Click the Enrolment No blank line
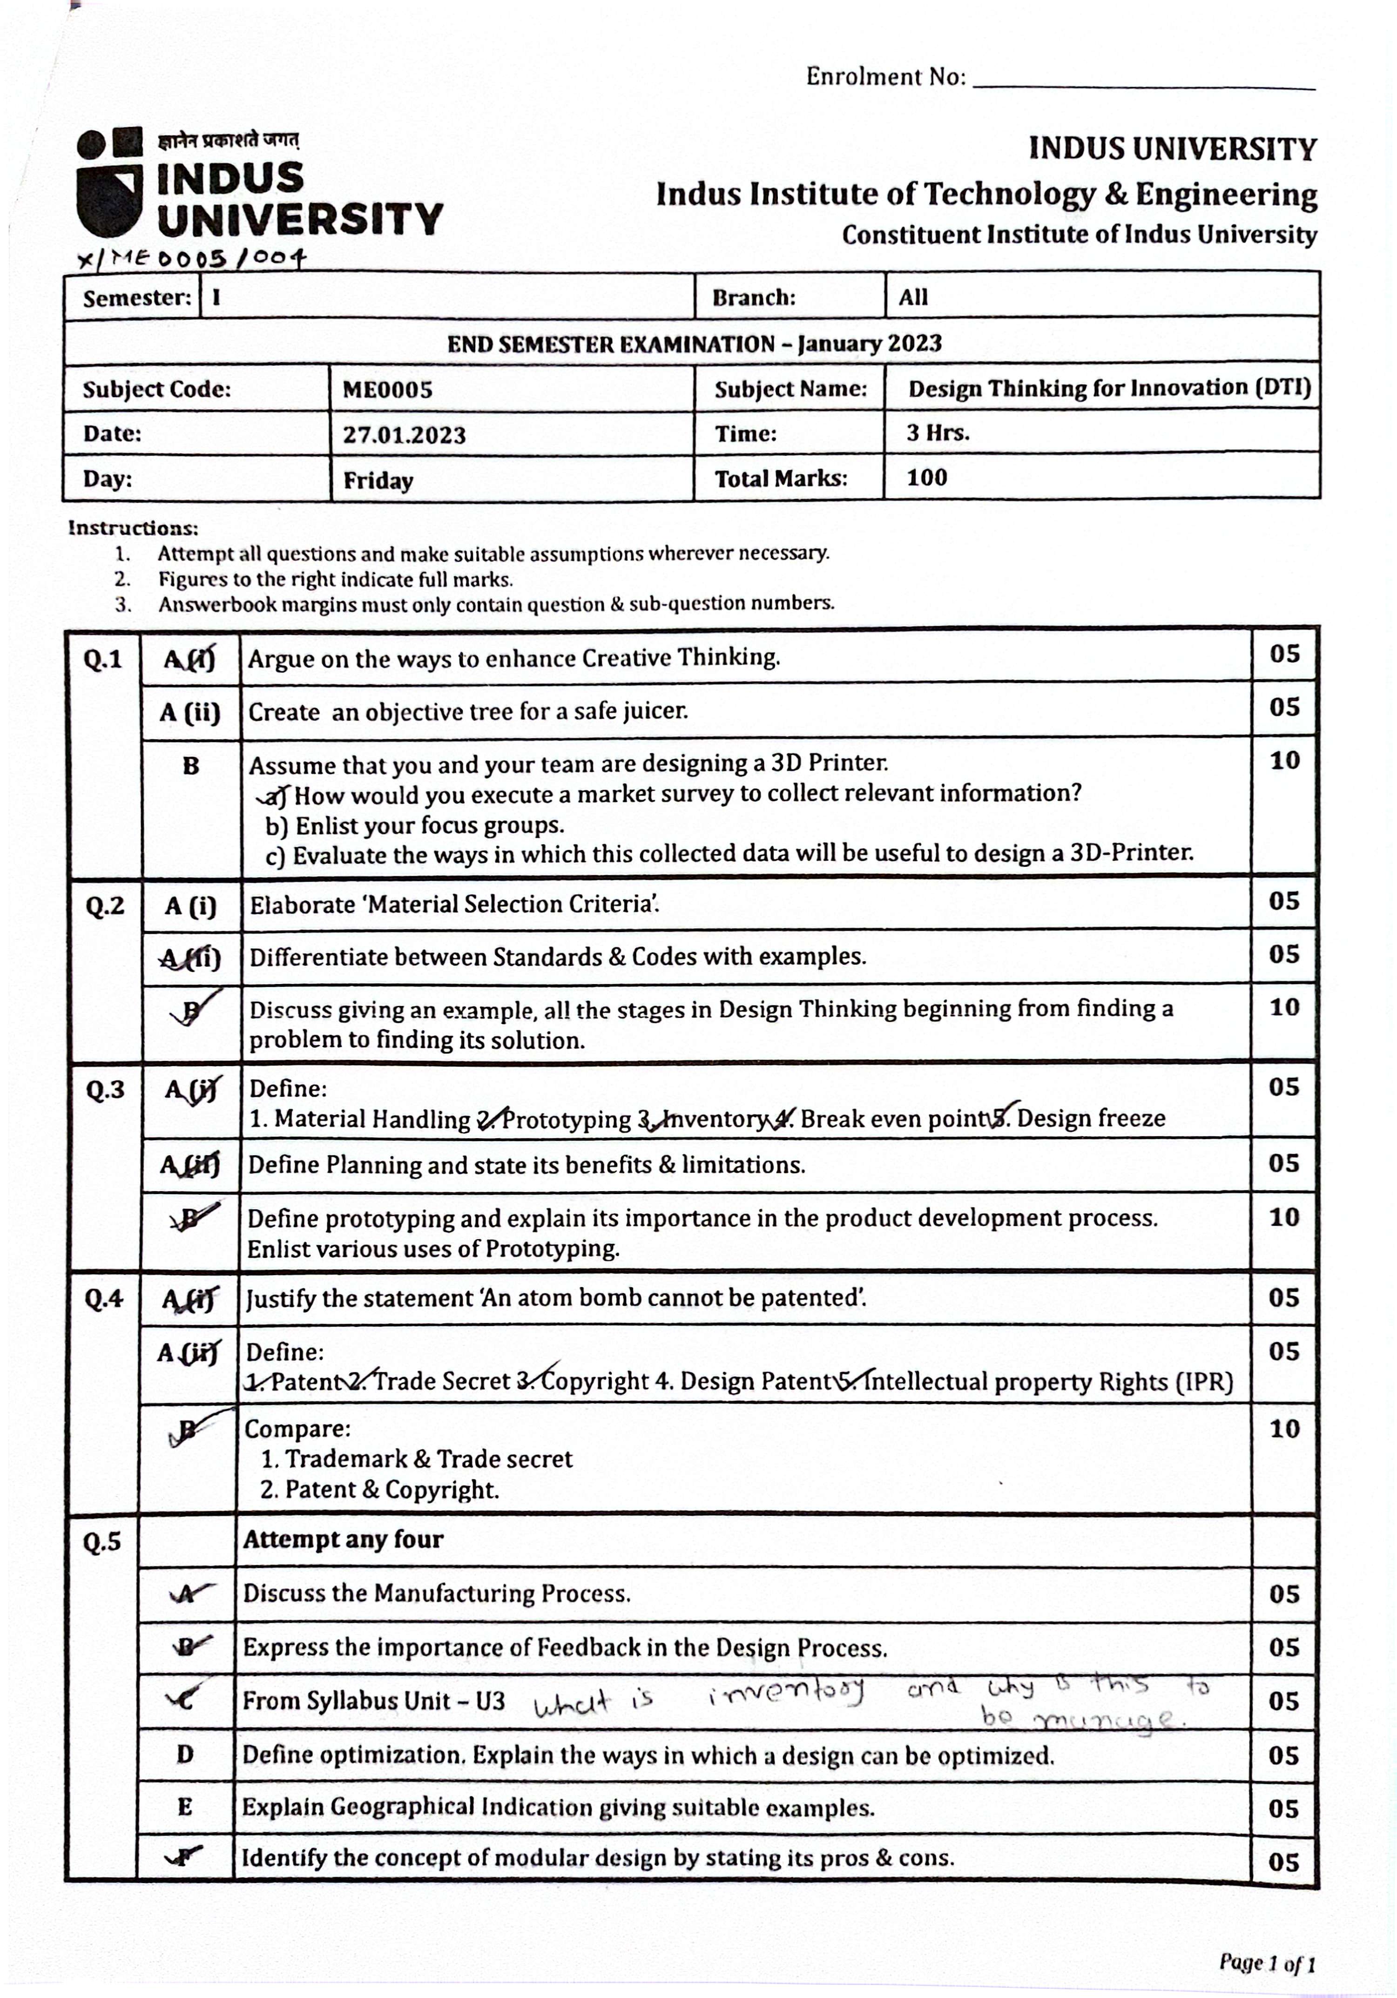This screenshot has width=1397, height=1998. [1143, 84]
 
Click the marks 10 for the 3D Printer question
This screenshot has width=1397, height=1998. [1284, 761]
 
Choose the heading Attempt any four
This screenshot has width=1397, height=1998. [343, 1539]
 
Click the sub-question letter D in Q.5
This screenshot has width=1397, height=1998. [184, 1755]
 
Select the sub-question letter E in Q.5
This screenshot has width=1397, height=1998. [184, 1808]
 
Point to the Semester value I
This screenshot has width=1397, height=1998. [216, 297]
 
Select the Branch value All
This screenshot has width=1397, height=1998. [913, 297]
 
